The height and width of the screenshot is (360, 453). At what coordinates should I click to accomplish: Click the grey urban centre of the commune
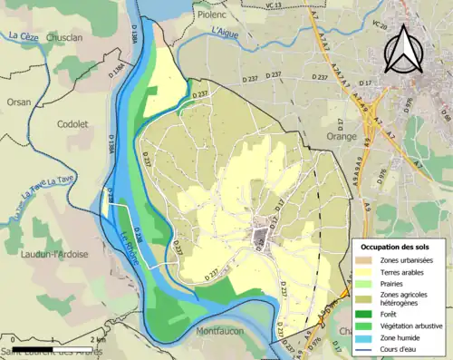tap(261, 238)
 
